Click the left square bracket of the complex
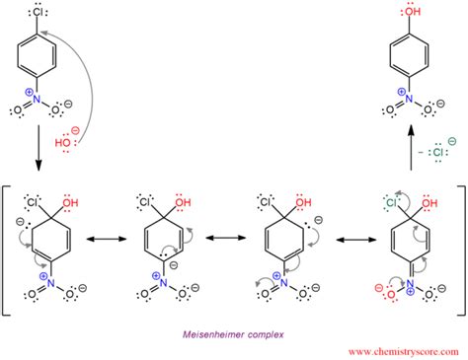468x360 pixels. tap(9, 247)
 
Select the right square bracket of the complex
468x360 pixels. tap(460, 247)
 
